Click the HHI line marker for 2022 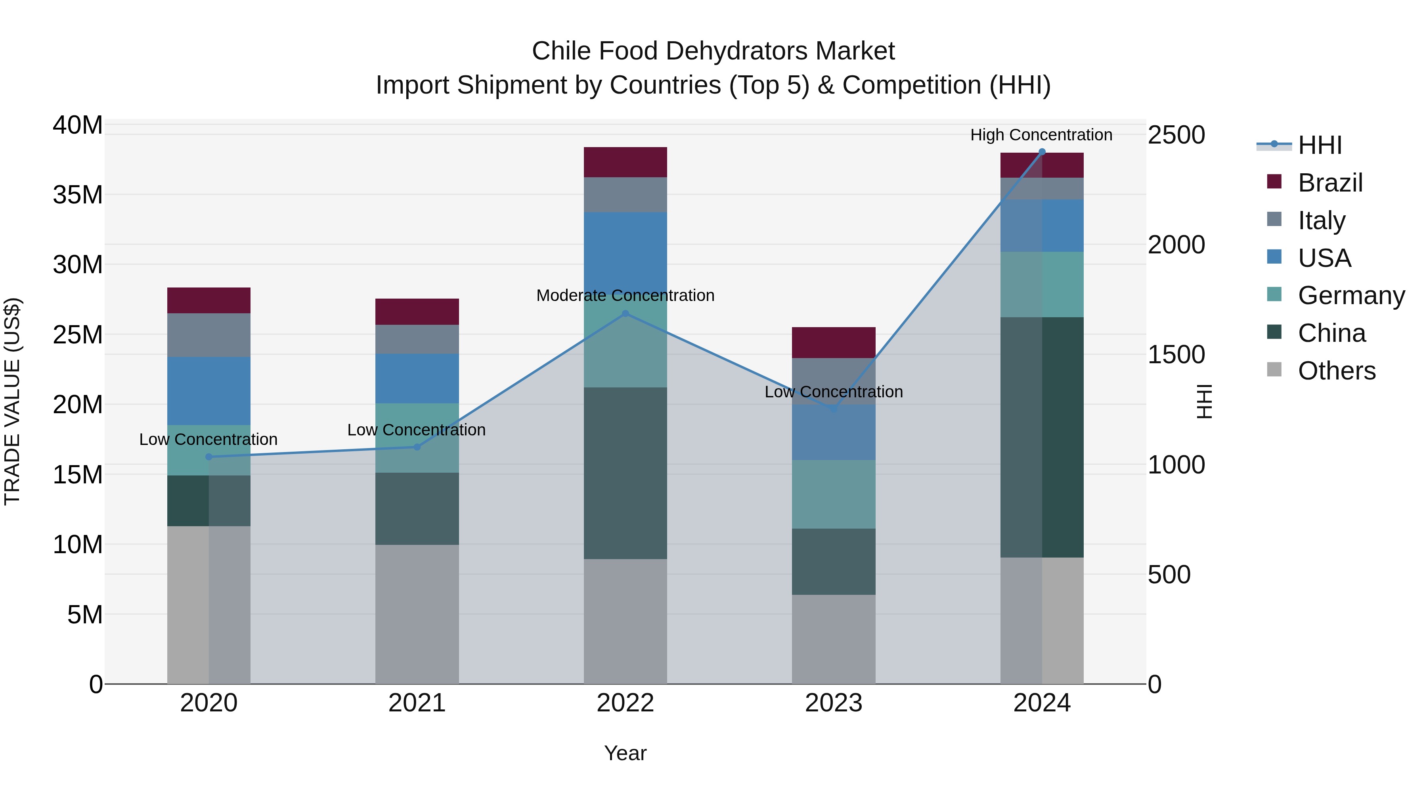point(626,314)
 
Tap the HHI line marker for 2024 point(1042,152)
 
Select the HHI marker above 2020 point(209,457)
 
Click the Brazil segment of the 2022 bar point(626,162)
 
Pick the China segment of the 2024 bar point(1042,437)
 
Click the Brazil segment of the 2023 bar point(834,343)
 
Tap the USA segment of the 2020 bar point(209,391)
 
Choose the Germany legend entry point(1350,295)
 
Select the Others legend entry point(1336,371)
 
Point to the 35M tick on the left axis point(78,195)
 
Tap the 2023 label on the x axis point(834,703)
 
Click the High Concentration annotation point(1041,135)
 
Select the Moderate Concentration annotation point(626,295)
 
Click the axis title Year point(626,753)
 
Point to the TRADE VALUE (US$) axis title point(12,402)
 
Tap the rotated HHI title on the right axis point(1204,402)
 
